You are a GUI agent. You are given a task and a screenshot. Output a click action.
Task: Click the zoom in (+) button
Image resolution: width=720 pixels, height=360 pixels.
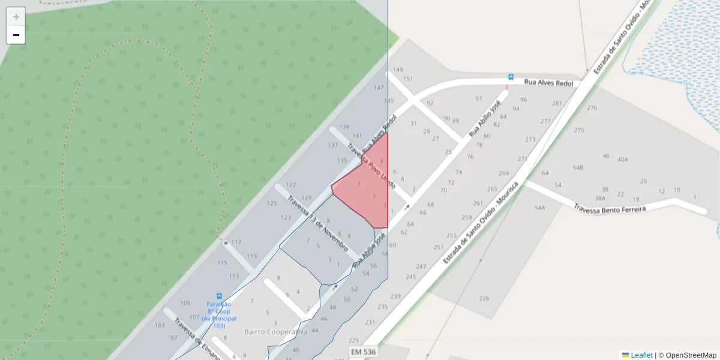(x=16, y=17)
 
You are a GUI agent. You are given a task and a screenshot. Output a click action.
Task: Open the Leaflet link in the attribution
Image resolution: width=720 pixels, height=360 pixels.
(x=641, y=355)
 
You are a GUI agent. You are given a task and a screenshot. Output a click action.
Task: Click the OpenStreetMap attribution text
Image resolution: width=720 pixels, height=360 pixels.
(x=691, y=355)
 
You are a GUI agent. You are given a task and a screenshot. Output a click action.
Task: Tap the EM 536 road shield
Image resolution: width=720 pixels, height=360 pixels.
(x=363, y=352)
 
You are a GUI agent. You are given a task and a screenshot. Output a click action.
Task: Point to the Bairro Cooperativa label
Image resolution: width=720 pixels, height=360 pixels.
(x=275, y=332)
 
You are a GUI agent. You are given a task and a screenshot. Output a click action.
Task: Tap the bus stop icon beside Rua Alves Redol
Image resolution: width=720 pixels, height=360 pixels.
(x=511, y=77)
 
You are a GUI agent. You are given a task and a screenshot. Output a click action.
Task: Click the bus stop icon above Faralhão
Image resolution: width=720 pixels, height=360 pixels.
(x=219, y=296)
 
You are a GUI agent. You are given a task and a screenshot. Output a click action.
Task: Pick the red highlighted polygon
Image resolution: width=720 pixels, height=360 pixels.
(x=363, y=189)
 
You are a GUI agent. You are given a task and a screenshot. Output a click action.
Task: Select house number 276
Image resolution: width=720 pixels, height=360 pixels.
(x=592, y=108)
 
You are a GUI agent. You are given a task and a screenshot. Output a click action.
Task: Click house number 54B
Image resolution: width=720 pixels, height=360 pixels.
(x=578, y=168)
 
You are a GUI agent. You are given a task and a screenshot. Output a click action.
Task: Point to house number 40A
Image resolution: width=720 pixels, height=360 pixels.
(x=623, y=160)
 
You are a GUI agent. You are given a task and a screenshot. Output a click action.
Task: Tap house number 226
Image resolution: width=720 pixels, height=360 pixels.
(x=484, y=298)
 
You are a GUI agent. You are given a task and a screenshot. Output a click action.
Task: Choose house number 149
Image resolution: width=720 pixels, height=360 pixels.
(x=398, y=70)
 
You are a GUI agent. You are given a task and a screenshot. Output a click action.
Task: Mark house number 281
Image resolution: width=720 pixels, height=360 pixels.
(x=557, y=104)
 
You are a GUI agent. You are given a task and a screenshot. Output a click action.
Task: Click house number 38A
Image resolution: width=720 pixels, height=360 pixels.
(x=600, y=198)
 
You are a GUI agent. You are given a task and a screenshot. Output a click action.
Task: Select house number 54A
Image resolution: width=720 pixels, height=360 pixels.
(x=539, y=208)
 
